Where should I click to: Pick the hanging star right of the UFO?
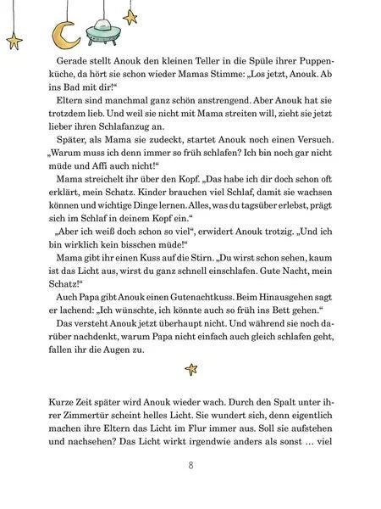tap(130, 15)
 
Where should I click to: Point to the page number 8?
tap(190, 465)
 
